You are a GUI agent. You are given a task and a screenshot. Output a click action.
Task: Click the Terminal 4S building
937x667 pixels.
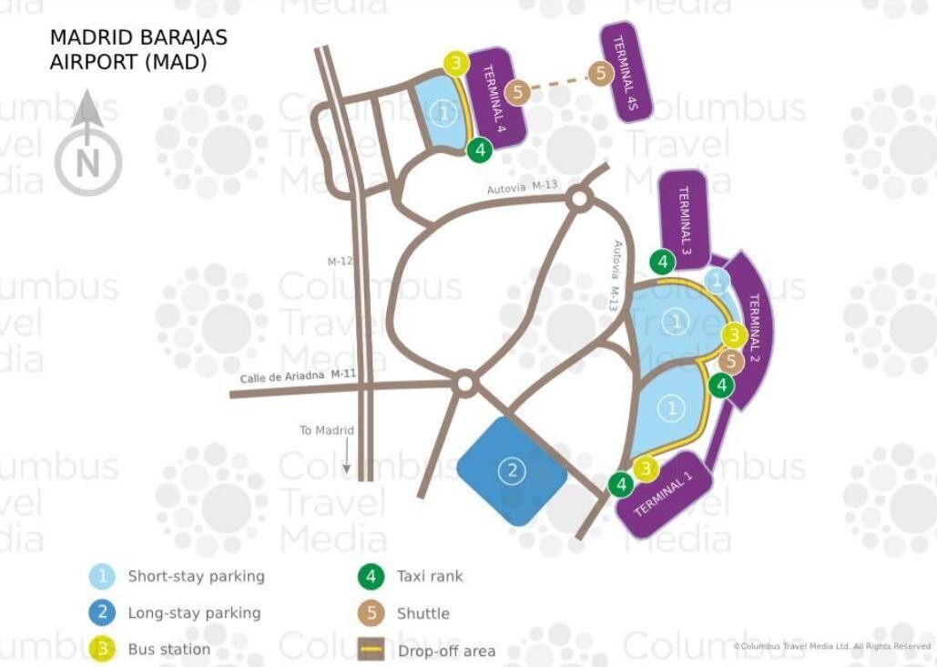(626, 72)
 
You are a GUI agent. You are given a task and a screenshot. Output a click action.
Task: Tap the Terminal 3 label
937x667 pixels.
(684, 221)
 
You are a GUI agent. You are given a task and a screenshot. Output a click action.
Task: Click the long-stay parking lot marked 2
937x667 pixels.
(512, 471)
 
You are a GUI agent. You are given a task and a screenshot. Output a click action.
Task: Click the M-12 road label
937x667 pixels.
(340, 262)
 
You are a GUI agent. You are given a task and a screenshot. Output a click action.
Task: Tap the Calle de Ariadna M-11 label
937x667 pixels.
(298, 375)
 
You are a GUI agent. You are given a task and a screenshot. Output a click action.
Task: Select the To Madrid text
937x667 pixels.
(327, 430)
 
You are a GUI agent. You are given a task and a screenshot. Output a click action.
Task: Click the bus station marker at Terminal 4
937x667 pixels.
(456, 63)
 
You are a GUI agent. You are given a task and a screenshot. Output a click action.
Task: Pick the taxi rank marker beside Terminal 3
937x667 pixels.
(662, 262)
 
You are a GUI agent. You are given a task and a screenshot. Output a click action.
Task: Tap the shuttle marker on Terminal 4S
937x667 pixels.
(601, 74)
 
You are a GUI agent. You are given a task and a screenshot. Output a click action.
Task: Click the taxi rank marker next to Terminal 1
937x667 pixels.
(621, 484)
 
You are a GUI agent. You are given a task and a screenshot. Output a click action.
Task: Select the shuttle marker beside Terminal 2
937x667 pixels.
(730, 362)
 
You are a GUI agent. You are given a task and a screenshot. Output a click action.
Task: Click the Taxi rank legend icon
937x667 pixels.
(372, 577)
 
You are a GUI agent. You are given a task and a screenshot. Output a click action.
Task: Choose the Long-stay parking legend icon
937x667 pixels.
(103, 612)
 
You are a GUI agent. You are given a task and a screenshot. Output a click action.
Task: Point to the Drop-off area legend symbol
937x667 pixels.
(372, 650)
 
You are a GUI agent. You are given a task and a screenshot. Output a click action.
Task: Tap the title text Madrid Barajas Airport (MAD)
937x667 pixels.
(138, 49)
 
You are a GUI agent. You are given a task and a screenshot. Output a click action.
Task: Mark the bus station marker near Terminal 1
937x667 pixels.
(646, 469)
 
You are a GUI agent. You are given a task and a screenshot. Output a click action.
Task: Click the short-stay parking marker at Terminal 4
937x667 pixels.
(444, 113)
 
